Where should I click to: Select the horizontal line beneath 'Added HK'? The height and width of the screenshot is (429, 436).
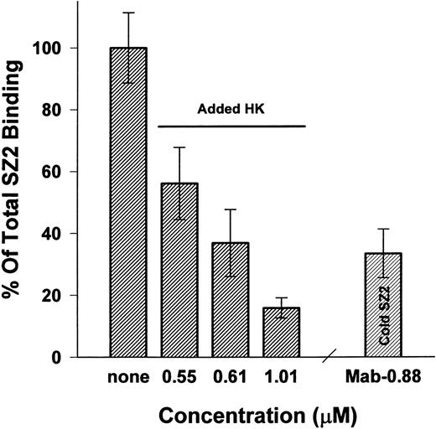click(x=231, y=127)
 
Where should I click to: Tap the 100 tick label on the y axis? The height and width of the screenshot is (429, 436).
click(x=73, y=49)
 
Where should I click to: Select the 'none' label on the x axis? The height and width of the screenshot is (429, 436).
click(x=128, y=379)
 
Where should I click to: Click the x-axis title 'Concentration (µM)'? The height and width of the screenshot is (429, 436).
click(x=237, y=414)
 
